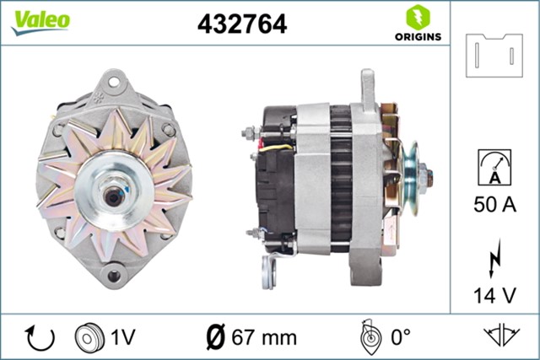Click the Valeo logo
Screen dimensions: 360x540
40,22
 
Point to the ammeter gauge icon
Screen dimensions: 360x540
494,165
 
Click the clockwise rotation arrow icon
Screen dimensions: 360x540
40,336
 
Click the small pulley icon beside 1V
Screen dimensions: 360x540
87,336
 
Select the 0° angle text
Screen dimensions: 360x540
399,336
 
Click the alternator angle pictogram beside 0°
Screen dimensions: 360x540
368,336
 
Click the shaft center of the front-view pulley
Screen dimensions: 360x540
111,195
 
